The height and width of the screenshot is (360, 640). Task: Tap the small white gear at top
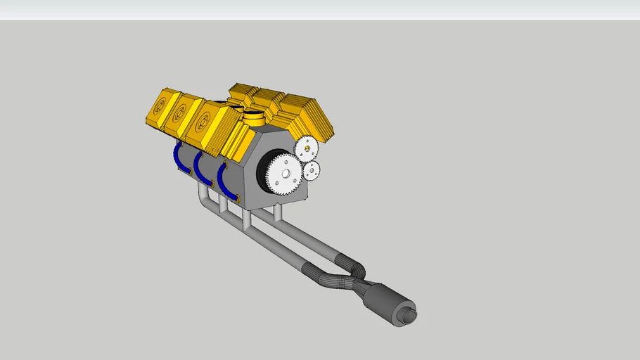point(307,148)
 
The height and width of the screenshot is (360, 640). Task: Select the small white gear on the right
point(311,169)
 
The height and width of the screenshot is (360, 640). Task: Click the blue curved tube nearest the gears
point(224,180)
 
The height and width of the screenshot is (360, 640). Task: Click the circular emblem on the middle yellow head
point(179,111)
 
